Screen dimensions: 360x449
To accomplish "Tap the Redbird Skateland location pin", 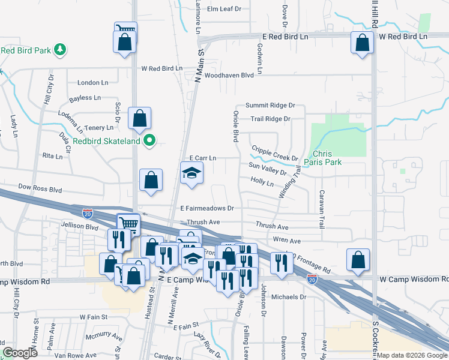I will point(150,141).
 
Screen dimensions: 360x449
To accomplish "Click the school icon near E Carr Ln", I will point(192,174).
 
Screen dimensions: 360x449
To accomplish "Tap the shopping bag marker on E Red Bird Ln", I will point(362,43).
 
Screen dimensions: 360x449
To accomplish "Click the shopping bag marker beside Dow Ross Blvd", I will point(151,180).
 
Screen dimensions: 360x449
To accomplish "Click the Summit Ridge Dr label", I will point(270,105).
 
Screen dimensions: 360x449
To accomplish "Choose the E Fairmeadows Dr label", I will point(206,208).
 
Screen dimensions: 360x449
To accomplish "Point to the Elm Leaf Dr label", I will point(223,9).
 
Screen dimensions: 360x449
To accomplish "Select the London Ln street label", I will point(93,83).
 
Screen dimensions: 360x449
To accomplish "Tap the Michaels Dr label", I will point(289,297).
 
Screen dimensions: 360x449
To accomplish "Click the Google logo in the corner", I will point(20,353).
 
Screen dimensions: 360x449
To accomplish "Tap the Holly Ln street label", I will point(262,181).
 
